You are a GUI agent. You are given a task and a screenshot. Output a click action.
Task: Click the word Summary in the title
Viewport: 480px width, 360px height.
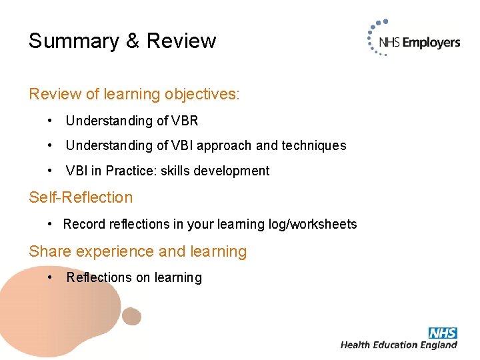(x=73, y=41)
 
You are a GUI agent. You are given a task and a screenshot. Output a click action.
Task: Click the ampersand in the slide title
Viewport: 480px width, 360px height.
(x=133, y=41)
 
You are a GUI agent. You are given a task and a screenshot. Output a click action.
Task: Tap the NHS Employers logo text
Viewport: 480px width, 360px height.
(x=419, y=43)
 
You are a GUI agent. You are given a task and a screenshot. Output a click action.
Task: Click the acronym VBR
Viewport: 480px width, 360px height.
(x=185, y=121)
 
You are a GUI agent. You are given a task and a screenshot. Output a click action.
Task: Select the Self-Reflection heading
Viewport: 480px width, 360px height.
(x=81, y=197)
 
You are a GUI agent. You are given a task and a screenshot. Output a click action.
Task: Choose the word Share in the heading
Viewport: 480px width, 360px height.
(x=50, y=251)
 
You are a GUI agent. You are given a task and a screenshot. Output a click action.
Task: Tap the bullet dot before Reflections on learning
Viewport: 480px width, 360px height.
(x=51, y=277)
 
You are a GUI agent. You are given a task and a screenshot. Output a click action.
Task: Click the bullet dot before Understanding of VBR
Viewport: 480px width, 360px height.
(x=51, y=121)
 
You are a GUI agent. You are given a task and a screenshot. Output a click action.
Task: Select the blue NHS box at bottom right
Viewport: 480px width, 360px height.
(x=443, y=333)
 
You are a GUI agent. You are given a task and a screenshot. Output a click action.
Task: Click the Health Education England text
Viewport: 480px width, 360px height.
(x=399, y=345)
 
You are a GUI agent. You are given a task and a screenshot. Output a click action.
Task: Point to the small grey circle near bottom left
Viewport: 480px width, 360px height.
(x=132, y=316)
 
